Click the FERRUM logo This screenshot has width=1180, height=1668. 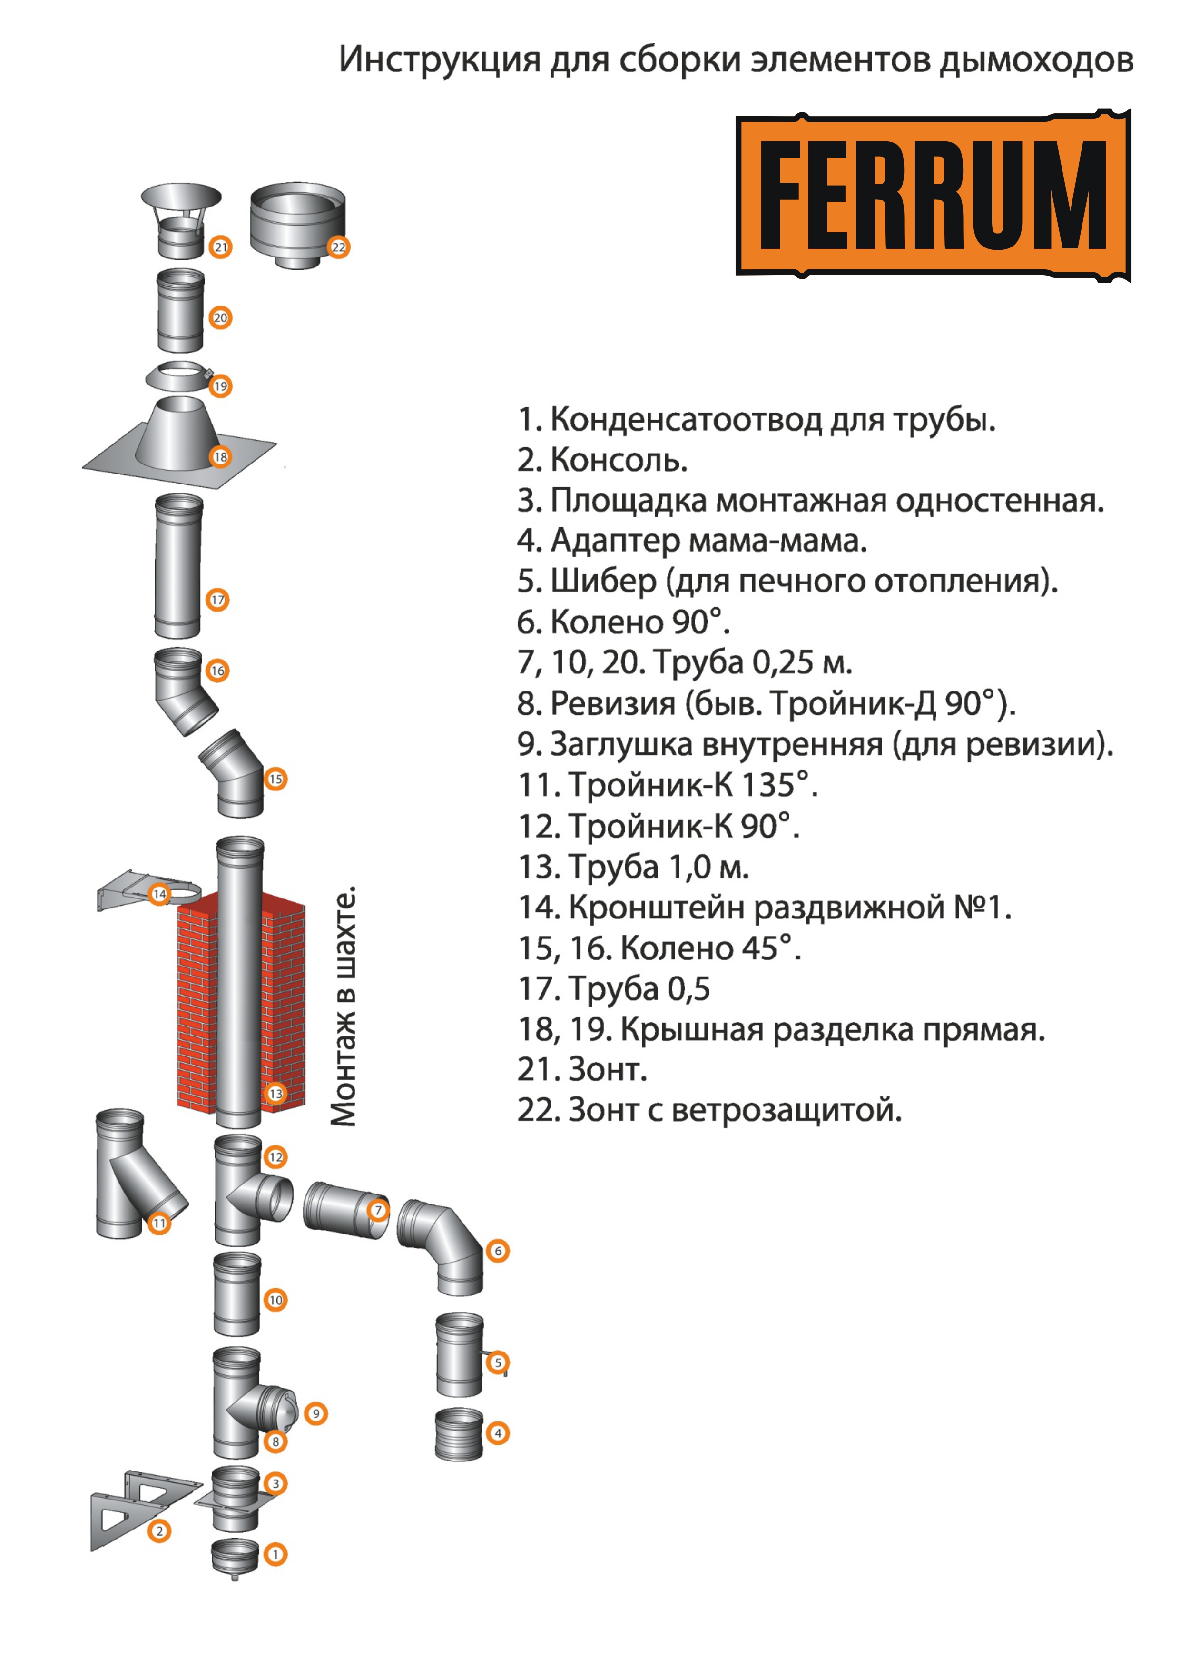[933, 196]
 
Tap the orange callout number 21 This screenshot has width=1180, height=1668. [220, 247]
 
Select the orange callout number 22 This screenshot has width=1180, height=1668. [339, 247]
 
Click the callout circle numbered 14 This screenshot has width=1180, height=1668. [159, 893]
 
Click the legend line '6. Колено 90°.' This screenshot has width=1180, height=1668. [623, 622]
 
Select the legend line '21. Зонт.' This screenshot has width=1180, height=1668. [582, 1069]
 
